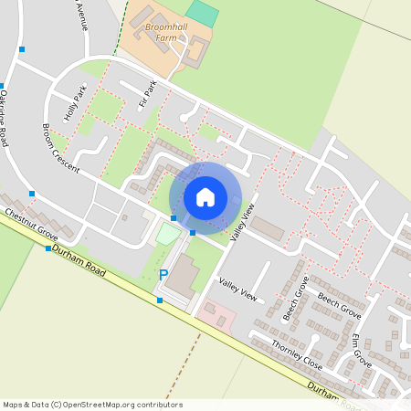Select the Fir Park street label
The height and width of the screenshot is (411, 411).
click(x=148, y=96)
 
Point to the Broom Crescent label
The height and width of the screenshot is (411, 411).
click(x=61, y=149)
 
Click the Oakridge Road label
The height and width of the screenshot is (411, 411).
click(x=7, y=118)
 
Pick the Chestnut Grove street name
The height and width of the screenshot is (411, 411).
click(x=30, y=225)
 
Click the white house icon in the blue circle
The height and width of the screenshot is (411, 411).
click(x=205, y=197)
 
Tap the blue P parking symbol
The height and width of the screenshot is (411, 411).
click(x=163, y=274)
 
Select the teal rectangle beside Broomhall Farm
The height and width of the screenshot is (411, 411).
click(x=204, y=13)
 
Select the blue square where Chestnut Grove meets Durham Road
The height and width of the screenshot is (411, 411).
click(x=48, y=248)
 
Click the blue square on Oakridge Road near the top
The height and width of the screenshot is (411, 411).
click(x=21, y=49)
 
